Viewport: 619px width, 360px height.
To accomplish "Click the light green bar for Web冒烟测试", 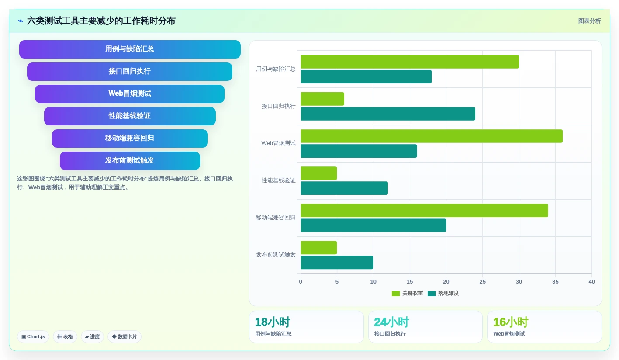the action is [431, 136].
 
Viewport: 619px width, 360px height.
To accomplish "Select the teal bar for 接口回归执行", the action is [388, 114].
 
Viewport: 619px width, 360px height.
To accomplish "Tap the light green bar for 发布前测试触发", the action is [318, 248].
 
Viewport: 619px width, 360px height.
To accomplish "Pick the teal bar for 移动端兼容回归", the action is [373, 225].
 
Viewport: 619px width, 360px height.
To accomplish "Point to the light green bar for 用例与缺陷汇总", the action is [409, 62].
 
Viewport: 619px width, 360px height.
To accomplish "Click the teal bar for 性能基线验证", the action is [344, 188].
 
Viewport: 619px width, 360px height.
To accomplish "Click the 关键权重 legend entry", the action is [407, 293].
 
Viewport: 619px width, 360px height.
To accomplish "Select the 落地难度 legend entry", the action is [443, 293].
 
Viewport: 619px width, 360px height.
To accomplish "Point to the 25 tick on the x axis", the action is [483, 281].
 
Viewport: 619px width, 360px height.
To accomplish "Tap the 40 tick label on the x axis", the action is [591, 281].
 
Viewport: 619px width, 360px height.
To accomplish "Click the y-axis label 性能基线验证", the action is [279, 180].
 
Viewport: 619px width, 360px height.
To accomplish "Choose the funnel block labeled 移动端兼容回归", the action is [130, 138].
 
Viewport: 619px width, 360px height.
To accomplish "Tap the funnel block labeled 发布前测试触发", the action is [130, 160].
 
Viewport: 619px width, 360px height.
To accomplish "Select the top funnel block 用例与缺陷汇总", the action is [130, 49].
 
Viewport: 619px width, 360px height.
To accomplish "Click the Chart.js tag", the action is [33, 336].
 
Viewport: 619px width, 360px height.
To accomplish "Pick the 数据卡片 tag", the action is [124, 336].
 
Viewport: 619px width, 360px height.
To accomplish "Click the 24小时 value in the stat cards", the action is [391, 322].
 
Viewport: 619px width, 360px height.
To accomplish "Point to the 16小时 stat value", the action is [511, 322].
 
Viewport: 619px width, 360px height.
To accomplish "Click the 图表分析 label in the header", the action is [589, 21].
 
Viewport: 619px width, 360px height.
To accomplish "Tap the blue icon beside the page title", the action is [21, 21].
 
